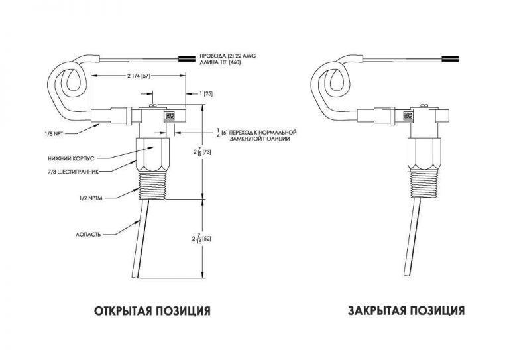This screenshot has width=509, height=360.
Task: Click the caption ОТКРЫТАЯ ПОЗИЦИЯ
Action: [x=152, y=311]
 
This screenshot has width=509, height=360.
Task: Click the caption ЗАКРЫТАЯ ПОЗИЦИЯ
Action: [x=406, y=311]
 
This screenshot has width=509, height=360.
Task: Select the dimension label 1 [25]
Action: [x=206, y=94]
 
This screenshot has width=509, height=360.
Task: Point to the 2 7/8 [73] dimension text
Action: [x=201, y=151]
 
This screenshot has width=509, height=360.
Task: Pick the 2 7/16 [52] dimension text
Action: [x=201, y=239]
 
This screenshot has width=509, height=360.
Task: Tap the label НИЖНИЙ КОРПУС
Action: [x=70, y=158]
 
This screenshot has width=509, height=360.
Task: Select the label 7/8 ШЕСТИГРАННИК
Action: [x=72, y=172]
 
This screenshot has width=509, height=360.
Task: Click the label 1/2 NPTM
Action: [x=91, y=198]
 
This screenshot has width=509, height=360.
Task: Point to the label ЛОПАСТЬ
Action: [x=88, y=235]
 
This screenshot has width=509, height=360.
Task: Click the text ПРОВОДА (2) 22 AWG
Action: [x=227, y=56]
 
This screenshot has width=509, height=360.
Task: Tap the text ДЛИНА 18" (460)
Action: [x=220, y=62]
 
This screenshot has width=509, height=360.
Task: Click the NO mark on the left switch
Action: [x=170, y=115]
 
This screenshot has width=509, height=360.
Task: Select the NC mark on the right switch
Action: [x=408, y=115]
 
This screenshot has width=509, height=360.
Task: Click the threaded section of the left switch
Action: [x=152, y=186]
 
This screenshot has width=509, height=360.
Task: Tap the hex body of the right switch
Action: [x=425, y=154]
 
